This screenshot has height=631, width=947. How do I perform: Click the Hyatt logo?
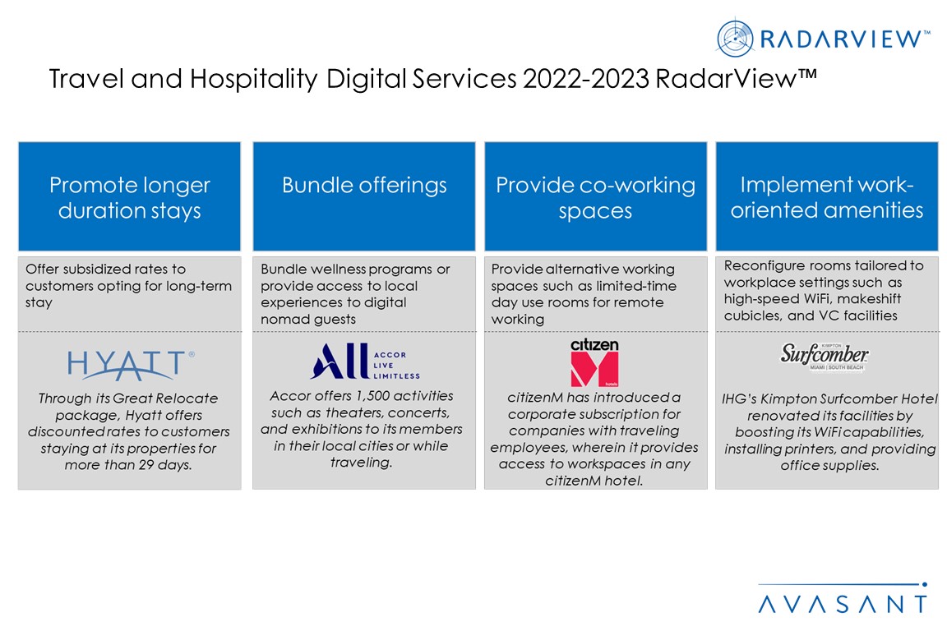tap(131, 365)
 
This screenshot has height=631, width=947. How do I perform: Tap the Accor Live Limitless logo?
tap(365, 361)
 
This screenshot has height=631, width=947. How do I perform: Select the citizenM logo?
tap(595, 362)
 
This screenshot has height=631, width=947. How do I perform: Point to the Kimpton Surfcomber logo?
tap(825, 357)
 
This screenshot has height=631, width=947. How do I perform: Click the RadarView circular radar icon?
tap(735, 39)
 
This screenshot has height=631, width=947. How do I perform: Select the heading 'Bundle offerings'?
tap(364, 185)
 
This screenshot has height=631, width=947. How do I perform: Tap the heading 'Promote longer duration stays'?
tap(130, 197)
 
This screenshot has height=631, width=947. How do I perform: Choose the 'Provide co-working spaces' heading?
tap(595, 197)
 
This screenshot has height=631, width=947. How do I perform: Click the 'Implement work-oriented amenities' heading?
tap(827, 197)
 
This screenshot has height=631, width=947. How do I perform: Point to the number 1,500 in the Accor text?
tap(375, 395)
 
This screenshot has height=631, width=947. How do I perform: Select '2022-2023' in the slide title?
tap(586, 79)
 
